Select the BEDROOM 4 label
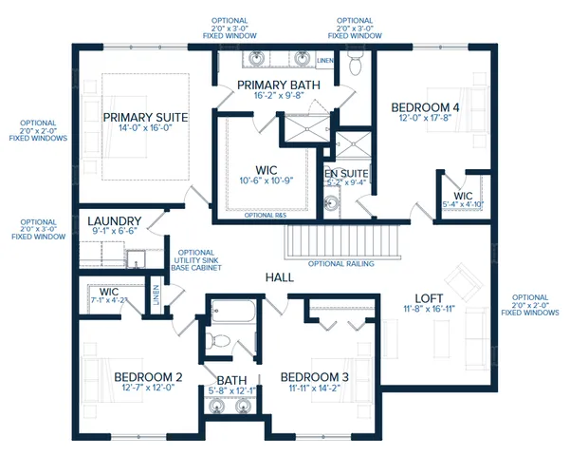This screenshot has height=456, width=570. pos(425,108)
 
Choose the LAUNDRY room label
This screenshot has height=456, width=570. pos(114,219)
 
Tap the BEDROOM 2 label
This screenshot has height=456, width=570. pos(148,377)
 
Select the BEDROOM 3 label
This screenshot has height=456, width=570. pos(315,377)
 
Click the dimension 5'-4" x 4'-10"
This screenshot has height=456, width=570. pos(464,203)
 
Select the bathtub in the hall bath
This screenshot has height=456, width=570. pos(228,310)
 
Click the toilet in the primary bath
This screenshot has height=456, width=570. pos(355,65)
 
